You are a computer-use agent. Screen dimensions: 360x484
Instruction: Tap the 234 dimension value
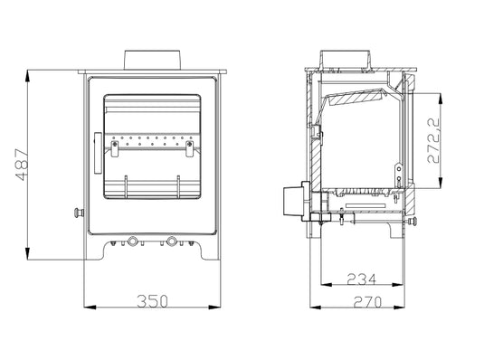tap(359, 278)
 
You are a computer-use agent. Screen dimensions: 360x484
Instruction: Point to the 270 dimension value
tap(365, 300)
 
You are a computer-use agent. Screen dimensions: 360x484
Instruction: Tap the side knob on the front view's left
tap(78, 213)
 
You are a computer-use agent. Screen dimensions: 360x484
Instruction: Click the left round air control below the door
tap(134, 242)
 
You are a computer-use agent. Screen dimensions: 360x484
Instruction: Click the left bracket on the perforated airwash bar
tap(115, 143)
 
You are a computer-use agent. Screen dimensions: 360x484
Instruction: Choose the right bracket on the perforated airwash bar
tap(189, 143)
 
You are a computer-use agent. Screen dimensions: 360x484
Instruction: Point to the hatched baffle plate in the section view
tap(359, 95)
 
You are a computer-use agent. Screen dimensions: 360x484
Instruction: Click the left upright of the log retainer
tap(124, 185)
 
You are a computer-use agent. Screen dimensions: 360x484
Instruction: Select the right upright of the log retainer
tap(179, 185)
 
